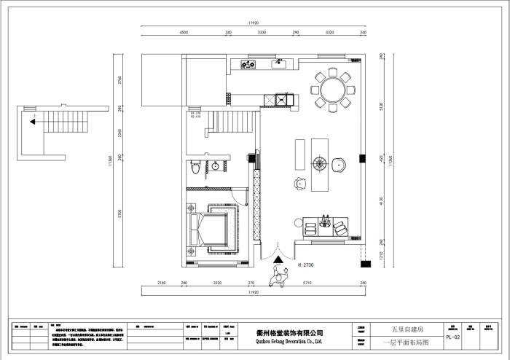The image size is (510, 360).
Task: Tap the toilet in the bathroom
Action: point(195,167)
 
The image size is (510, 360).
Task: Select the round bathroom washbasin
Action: point(216,167)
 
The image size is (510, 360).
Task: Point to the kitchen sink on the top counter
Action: point(279,64)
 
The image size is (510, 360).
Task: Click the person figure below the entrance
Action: point(278,277)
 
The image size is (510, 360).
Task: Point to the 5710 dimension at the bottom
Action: point(307,282)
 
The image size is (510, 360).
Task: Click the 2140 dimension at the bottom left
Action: point(162,282)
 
